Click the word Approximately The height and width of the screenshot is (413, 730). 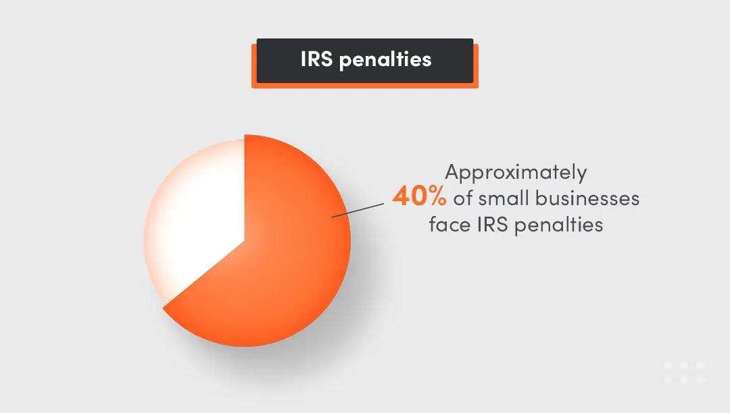click(x=516, y=173)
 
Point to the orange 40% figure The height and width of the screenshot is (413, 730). click(x=419, y=198)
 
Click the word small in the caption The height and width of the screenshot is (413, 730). click(x=504, y=198)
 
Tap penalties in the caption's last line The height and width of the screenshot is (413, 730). click(x=558, y=225)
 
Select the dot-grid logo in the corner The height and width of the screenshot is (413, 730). click(x=684, y=373)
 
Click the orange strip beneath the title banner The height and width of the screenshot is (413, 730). click(x=365, y=86)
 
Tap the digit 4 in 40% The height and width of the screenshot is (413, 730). click(x=401, y=198)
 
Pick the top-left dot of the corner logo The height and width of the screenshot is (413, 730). click(x=668, y=365)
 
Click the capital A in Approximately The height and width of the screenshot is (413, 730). click(x=452, y=173)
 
